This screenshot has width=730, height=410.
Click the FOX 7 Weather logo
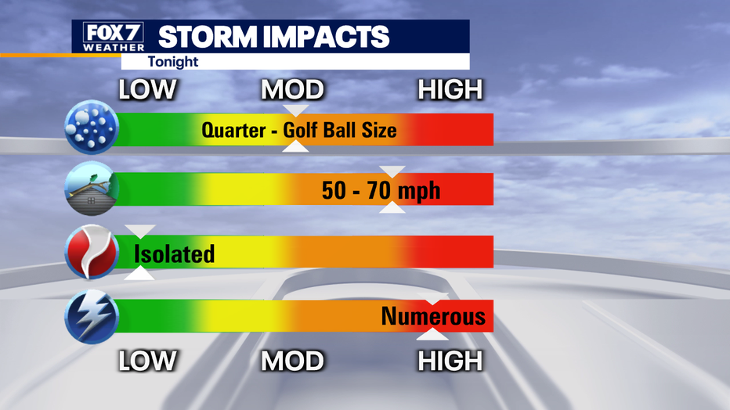114,37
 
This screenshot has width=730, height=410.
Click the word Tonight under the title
173,62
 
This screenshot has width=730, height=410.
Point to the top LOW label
147,89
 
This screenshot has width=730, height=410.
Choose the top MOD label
292,89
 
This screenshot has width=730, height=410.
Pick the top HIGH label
450,89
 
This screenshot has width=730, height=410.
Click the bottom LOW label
147,361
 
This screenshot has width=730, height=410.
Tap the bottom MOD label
292,361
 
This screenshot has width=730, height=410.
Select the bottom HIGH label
450,361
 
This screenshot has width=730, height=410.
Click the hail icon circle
92,127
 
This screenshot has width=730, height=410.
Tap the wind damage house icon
92,189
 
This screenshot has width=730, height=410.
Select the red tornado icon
92,252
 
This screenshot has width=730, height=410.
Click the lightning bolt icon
92,317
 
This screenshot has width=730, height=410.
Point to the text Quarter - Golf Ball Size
299,130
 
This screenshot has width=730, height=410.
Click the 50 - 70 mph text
381,191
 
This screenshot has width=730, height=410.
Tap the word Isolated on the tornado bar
174,254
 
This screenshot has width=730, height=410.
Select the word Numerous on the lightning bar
433,316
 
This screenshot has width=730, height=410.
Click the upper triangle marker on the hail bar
296,110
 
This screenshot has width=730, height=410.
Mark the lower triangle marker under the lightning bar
432,335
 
